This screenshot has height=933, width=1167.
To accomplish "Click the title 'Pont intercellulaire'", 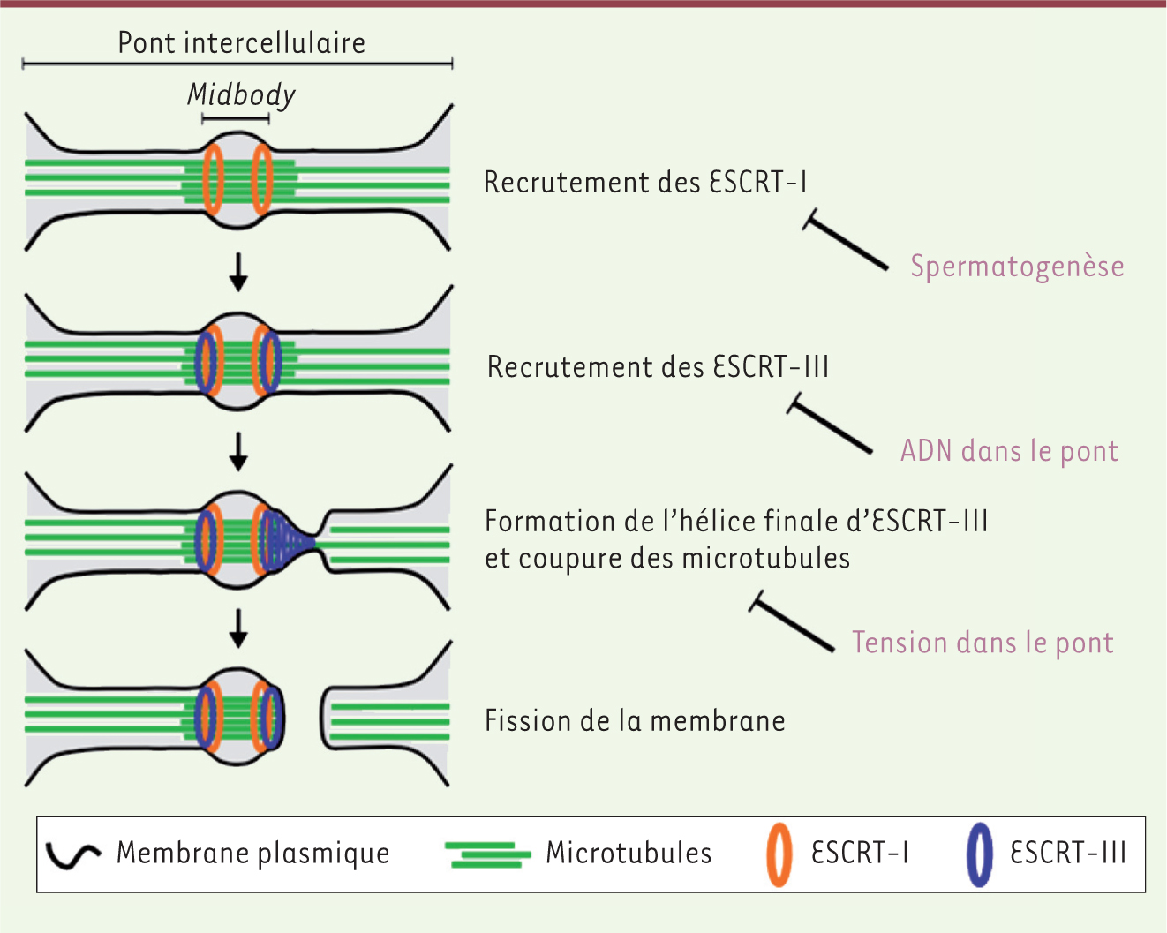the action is pyautogui.click(x=241, y=43).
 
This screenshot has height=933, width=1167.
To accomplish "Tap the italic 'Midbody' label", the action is pyautogui.click(x=241, y=95).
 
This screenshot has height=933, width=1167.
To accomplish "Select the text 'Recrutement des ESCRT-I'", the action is pyautogui.click(x=644, y=182).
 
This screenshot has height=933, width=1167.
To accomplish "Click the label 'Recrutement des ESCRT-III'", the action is pyautogui.click(x=658, y=366).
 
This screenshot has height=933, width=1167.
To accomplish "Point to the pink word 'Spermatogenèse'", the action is pyautogui.click(x=1017, y=267).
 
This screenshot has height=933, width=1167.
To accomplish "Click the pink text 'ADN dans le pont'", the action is pyautogui.click(x=1009, y=451).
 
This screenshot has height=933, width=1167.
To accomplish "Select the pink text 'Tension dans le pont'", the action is pyautogui.click(x=983, y=643).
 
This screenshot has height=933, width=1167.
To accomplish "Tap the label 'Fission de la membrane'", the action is pyautogui.click(x=635, y=721).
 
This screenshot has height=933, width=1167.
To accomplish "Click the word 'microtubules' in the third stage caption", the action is pyautogui.click(x=765, y=558).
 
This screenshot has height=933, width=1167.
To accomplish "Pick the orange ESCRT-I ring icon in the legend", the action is pyautogui.click(x=779, y=855).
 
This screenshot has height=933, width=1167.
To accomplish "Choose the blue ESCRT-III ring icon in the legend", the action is pyautogui.click(x=979, y=855).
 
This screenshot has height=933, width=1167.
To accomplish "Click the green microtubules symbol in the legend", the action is pyautogui.click(x=487, y=855).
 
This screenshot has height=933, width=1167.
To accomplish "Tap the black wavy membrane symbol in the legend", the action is pyautogui.click(x=72, y=856).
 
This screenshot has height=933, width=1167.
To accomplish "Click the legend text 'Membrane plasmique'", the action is pyautogui.click(x=253, y=854).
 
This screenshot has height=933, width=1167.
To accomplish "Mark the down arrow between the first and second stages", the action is pyautogui.click(x=238, y=272).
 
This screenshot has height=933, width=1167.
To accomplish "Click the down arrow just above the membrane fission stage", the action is pyautogui.click(x=238, y=628).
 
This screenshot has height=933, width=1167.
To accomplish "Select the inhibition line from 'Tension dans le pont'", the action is pyautogui.click(x=793, y=621).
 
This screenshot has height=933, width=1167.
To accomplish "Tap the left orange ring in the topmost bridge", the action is pyautogui.click(x=213, y=179).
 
